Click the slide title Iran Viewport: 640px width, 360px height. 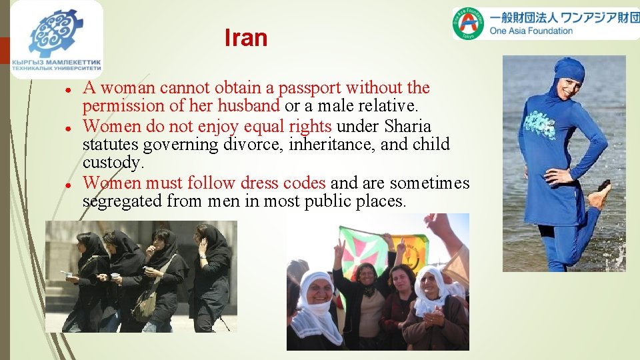(245, 38)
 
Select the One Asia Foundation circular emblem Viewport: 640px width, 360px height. (469, 24)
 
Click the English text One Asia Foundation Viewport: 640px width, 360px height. (531, 31)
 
